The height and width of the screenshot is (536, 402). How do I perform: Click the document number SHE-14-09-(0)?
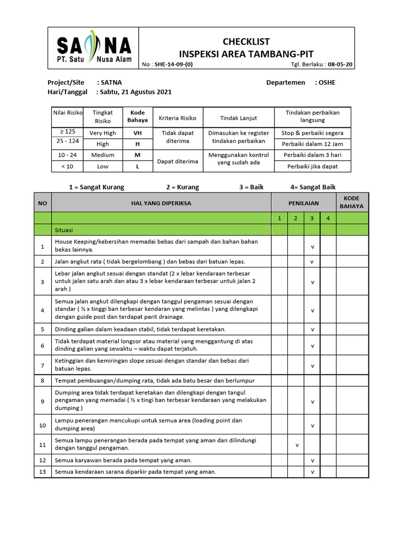pyautogui.click(x=174, y=65)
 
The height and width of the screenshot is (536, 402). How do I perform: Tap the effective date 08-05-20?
pyautogui.click(x=340, y=65)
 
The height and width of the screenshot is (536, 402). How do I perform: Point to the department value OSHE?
pyautogui.click(x=327, y=83)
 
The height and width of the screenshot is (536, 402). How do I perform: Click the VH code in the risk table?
pyautogui.click(x=138, y=133)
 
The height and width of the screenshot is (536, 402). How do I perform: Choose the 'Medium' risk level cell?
pyautogui.click(x=103, y=155)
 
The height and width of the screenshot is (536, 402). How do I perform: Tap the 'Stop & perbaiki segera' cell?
pyautogui.click(x=312, y=133)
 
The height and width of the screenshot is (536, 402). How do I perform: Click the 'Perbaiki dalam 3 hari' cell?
pyautogui.click(x=312, y=155)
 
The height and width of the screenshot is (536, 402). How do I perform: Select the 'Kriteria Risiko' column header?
pyautogui.click(x=177, y=118)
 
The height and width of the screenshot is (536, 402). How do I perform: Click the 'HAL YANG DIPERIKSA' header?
pyautogui.click(x=161, y=203)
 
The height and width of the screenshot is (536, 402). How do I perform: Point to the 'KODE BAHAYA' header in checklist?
pyautogui.click(x=352, y=202)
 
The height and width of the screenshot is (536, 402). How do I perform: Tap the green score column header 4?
pyautogui.click(x=328, y=218)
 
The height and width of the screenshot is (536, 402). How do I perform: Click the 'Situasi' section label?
pyautogui.click(x=64, y=230)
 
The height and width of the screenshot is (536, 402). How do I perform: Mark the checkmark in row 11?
pyautogui.click(x=296, y=445)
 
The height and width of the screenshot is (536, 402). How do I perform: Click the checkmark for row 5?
pyautogui.click(x=312, y=329)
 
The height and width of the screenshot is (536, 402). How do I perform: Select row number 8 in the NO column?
pyautogui.click(x=42, y=381)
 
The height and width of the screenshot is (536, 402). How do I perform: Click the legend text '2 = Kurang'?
pyautogui.click(x=183, y=187)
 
